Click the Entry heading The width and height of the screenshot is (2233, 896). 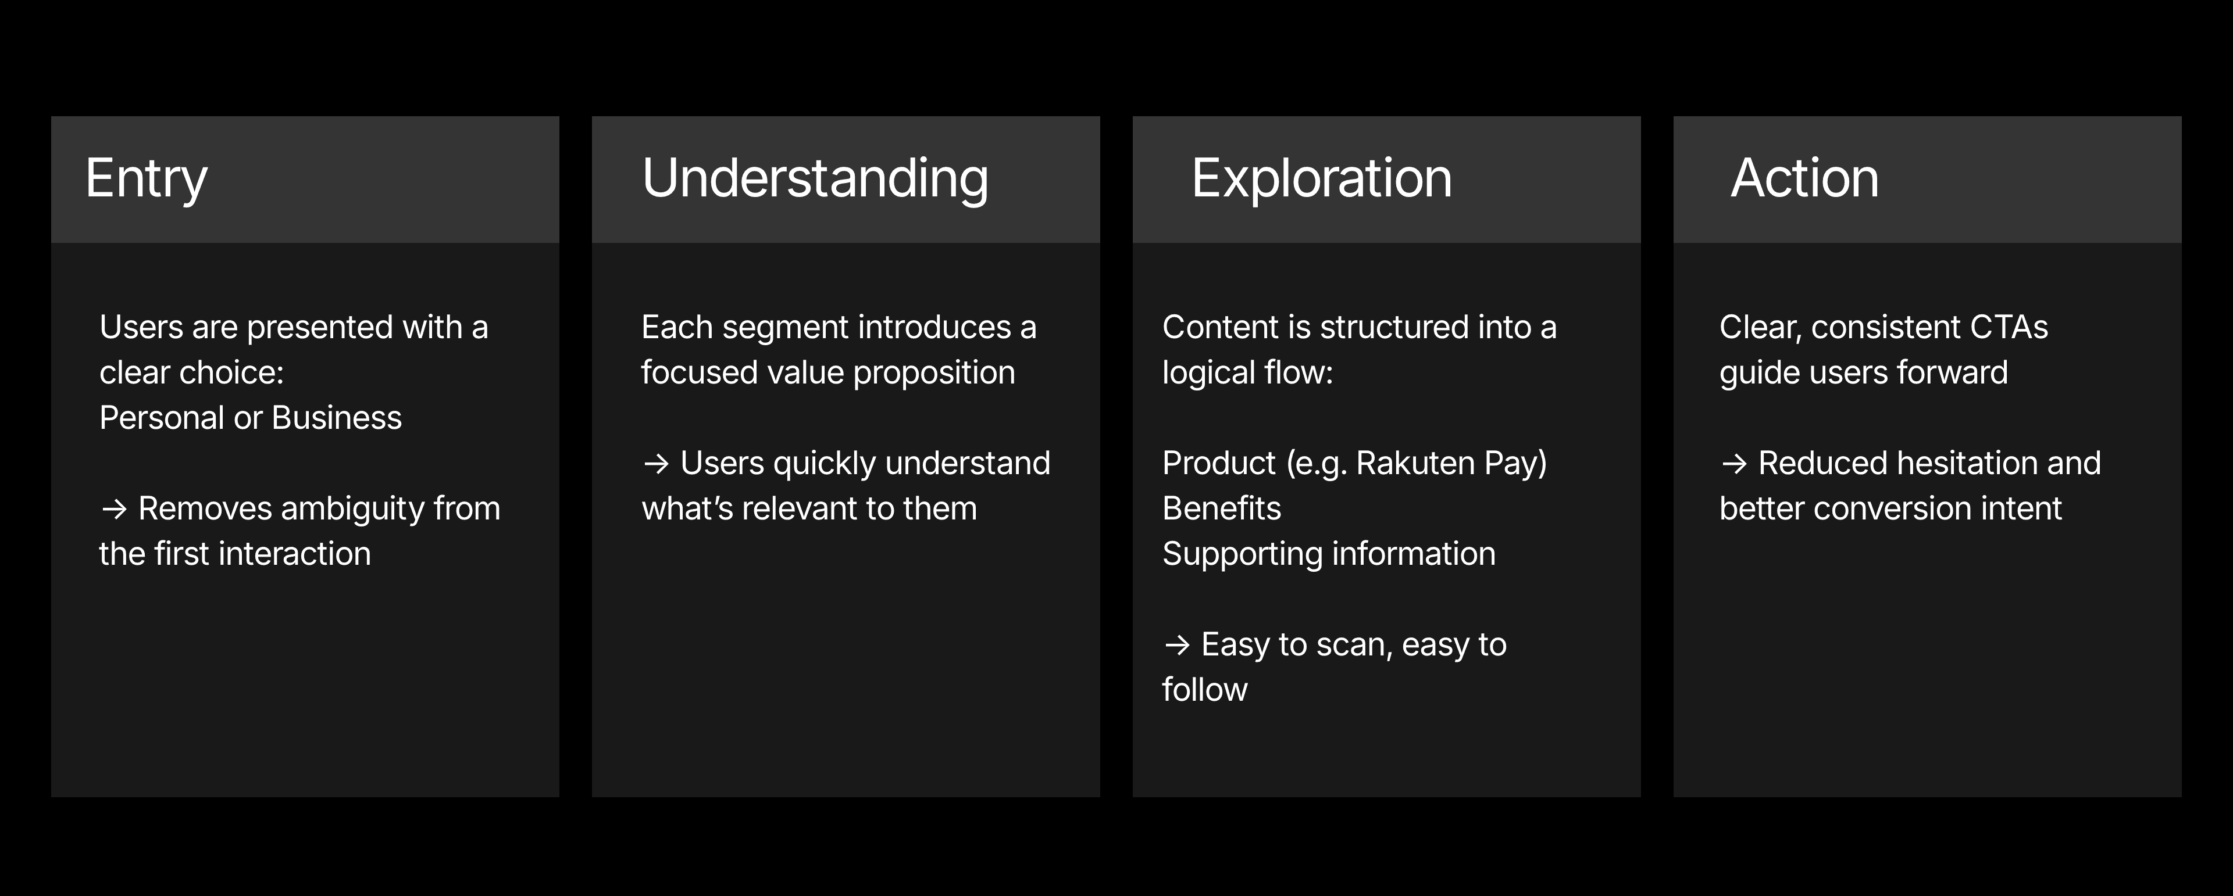[x=147, y=180]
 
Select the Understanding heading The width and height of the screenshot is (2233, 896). [x=815, y=180]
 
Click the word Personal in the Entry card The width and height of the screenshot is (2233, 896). [x=162, y=418]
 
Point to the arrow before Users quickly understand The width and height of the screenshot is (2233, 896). [x=656, y=464]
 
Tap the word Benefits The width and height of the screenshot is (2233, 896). [x=1221, y=508]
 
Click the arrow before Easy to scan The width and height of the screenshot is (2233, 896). [x=1177, y=645]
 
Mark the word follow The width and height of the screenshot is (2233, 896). [x=1205, y=690]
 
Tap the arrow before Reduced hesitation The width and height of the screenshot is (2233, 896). [x=1733, y=464]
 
